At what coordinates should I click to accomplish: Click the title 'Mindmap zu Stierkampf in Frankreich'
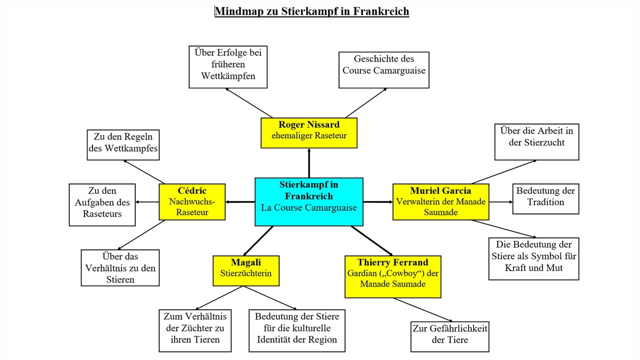312,11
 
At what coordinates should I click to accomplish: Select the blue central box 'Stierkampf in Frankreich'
309,202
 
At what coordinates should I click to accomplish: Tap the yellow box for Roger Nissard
309,132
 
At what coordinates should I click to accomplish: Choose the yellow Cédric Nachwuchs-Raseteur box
192,202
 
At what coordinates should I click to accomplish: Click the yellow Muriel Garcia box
440,202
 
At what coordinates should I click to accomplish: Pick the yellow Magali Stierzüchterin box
246,270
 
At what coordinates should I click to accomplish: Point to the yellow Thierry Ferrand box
393,276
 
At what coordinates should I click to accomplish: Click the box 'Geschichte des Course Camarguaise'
384,70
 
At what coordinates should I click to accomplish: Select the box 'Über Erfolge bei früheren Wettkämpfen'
228,67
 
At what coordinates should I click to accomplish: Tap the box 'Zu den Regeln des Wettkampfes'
123,144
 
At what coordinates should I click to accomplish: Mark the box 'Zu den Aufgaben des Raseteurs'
102,204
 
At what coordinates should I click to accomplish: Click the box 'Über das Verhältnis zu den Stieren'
120,268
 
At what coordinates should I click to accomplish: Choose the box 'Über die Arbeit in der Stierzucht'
536,142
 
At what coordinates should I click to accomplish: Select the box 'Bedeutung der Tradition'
546,199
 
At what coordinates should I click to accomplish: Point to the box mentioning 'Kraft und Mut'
533,259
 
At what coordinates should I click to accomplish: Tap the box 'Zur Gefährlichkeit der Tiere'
450,336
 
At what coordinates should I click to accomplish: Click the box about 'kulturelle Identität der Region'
296,330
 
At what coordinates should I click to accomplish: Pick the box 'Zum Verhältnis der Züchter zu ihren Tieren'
195,330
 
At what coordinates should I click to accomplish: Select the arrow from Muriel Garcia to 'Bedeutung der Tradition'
501,202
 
